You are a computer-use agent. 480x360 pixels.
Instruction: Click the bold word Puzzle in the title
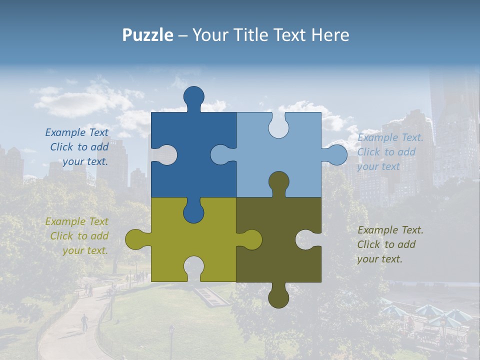click(148, 35)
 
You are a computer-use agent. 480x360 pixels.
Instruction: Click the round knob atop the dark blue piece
click(193, 96)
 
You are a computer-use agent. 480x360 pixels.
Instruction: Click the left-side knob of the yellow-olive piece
click(135, 239)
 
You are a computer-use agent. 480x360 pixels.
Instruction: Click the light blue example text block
click(390, 152)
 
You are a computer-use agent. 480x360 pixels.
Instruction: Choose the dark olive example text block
click(390, 244)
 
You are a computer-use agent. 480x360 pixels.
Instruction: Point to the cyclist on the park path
click(84, 321)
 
